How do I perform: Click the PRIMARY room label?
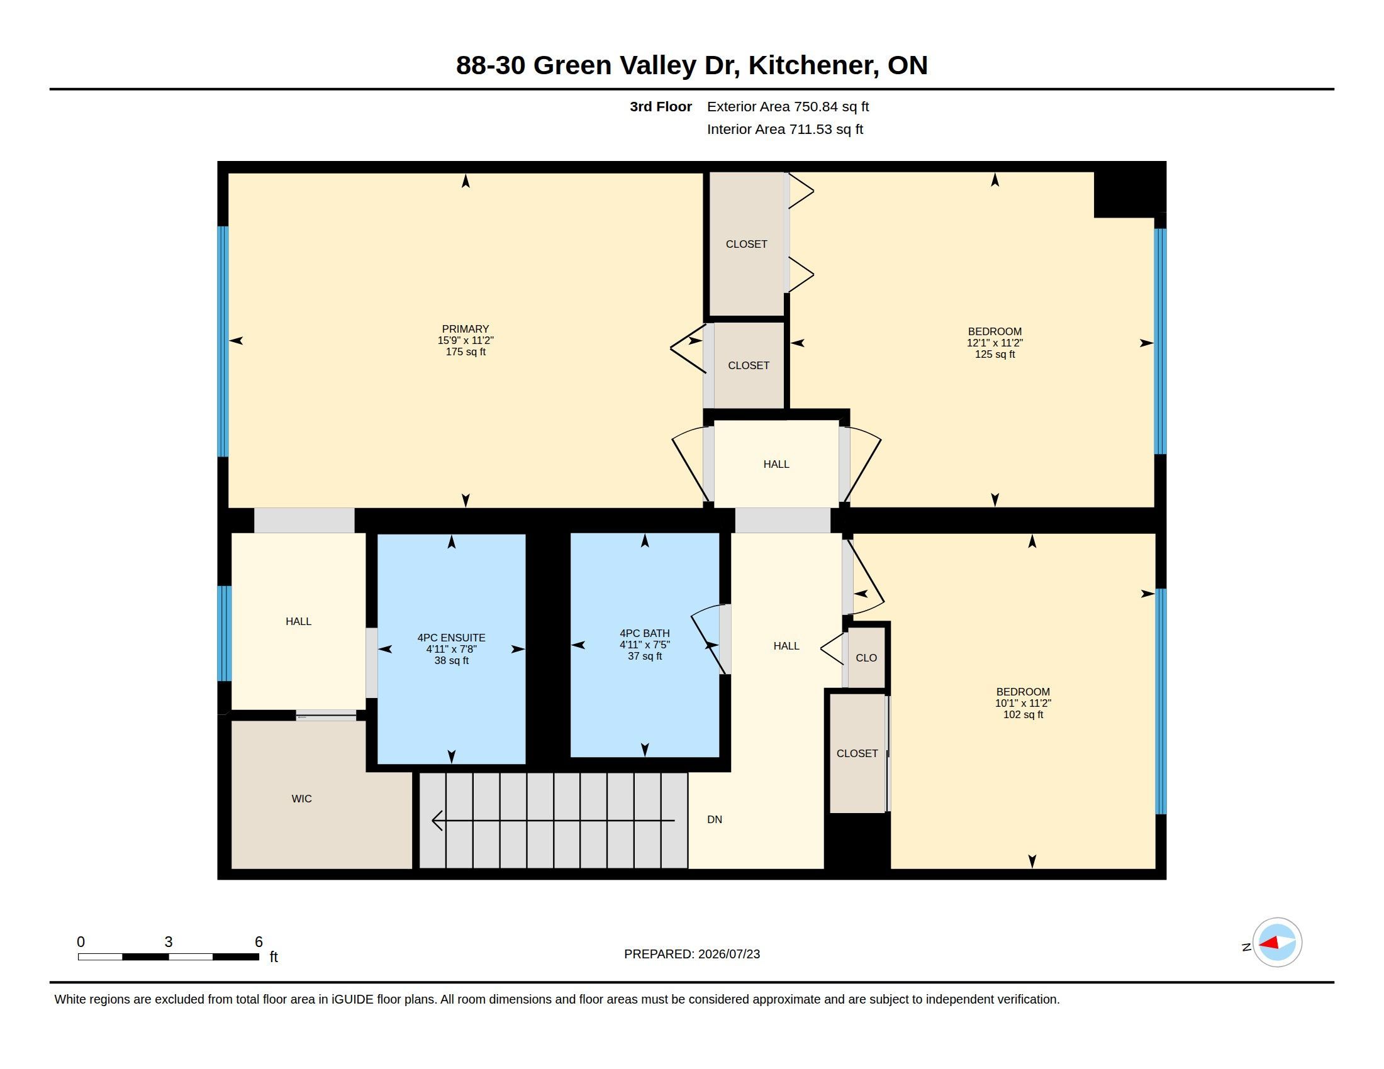point(465,329)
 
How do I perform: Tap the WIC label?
point(301,799)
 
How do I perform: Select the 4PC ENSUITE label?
point(451,638)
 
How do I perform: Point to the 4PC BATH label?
point(644,633)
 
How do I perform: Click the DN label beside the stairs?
point(715,819)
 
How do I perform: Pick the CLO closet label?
point(866,658)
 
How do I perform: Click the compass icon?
point(1277,943)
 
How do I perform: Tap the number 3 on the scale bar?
point(169,942)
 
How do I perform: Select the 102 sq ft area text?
point(1023,714)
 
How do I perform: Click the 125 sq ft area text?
point(995,354)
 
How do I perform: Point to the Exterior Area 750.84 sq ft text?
point(788,106)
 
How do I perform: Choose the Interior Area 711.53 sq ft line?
point(784,129)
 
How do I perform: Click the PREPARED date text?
point(692,954)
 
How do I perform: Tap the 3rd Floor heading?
point(661,106)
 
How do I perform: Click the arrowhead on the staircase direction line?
point(437,821)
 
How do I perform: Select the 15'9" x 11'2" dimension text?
point(465,340)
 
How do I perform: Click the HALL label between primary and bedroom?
point(776,464)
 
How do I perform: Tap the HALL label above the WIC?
point(298,621)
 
